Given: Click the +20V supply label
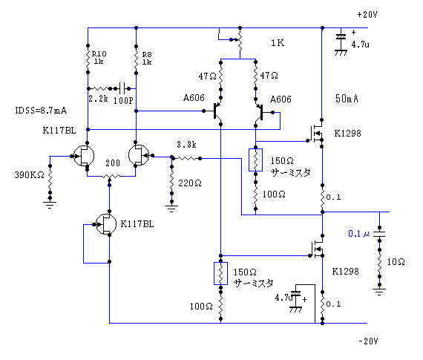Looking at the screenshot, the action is (367, 15).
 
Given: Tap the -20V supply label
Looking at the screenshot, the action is (368, 341).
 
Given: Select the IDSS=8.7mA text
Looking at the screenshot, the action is (41, 111).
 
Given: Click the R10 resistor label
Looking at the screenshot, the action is (99, 53).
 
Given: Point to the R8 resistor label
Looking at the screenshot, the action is (147, 54).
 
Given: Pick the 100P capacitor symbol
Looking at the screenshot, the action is (123, 88).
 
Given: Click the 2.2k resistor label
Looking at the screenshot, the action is (98, 99).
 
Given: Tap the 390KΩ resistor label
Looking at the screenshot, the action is (29, 175).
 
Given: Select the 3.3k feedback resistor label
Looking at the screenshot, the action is (186, 145).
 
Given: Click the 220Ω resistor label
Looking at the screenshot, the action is (190, 183).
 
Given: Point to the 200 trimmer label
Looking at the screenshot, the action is (113, 163).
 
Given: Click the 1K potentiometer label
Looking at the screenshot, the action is (278, 43).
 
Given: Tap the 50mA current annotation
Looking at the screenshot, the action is (347, 99).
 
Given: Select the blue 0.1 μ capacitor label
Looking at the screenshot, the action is (359, 234).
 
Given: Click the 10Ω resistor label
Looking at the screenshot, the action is (396, 262).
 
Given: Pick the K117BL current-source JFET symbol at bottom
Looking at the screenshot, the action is (106, 224).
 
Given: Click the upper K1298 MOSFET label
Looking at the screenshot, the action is (347, 134).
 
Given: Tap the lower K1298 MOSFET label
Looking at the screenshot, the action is (345, 271).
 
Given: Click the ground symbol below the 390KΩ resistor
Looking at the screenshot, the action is (50, 205).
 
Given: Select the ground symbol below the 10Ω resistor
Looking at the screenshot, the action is (379, 292).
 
